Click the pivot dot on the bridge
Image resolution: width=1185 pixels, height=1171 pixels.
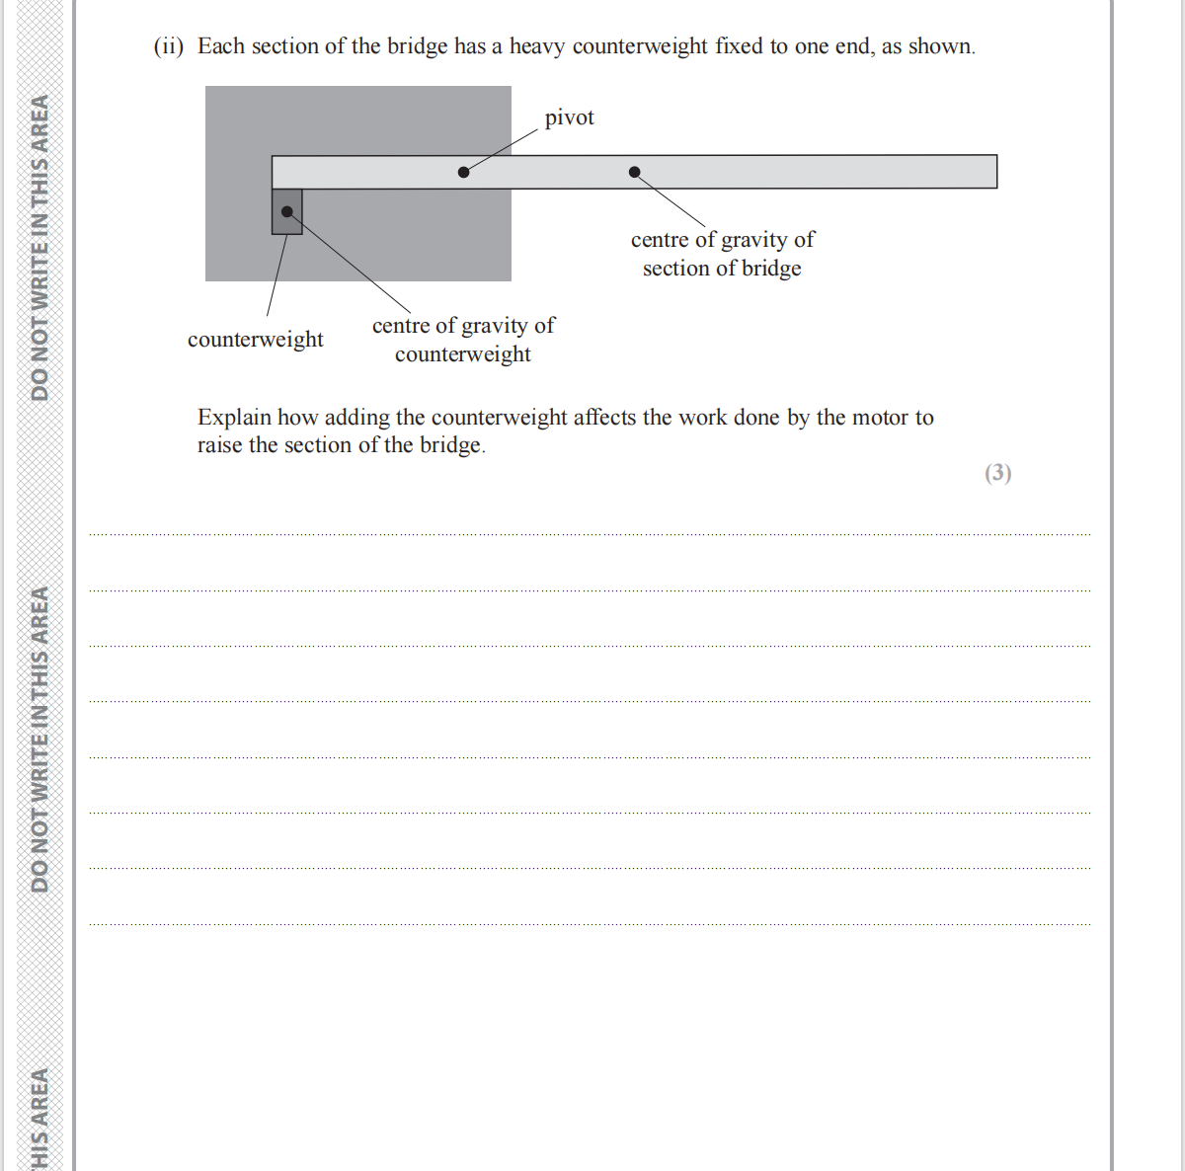pos(464,172)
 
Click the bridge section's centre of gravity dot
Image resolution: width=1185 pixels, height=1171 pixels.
pos(635,172)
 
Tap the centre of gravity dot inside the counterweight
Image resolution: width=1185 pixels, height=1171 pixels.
pos(287,211)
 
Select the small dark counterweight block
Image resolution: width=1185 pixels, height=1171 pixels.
pos(287,223)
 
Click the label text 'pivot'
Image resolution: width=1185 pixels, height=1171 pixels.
pos(569,117)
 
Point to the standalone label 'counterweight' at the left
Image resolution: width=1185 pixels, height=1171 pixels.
pos(255,340)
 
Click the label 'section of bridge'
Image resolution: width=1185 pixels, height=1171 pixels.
pos(722,269)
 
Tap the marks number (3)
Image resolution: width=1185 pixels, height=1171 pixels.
pos(997,473)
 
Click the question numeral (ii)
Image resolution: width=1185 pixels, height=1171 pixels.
pos(169,46)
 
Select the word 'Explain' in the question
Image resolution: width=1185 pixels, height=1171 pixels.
pos(234,418)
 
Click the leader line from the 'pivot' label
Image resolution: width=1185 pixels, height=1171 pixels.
pos(504,149)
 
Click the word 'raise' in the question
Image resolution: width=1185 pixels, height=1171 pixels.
pos(219,445)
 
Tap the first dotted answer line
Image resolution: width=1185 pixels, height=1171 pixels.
pos(590,534)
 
